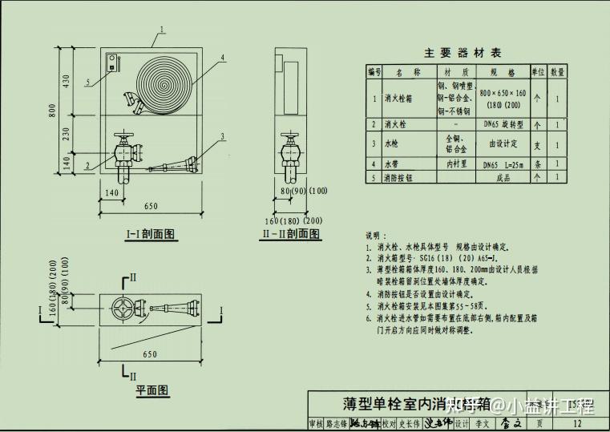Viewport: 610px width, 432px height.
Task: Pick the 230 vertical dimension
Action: (x=75, y=135)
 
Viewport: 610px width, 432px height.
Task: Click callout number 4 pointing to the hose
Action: (x=222, y=58)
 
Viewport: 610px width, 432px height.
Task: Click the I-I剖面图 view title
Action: (x=151, y=234)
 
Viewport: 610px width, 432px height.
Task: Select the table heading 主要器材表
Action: (x=463, y=53)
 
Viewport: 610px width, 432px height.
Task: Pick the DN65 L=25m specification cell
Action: (x=503, y=164)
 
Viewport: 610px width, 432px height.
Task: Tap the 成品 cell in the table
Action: (x=503, y=178)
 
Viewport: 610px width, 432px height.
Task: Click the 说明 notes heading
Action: (x=375, y=236)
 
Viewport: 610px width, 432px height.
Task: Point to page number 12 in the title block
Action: (x=577, y=423)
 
